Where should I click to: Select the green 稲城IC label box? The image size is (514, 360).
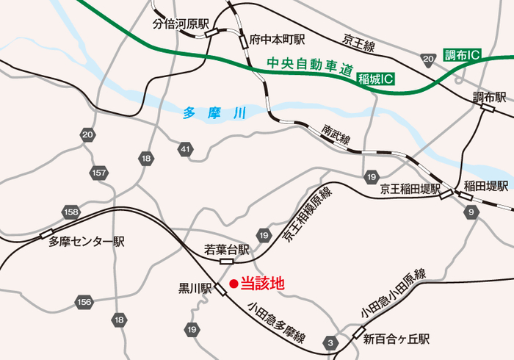(x=375, y=79)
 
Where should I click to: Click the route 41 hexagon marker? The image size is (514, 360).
(x=184, y=149)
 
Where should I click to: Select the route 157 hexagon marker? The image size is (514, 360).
(x=99, y=173)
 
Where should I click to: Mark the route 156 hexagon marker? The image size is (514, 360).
(x=84, y=302)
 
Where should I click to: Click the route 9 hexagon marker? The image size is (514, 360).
(x=471, y=212)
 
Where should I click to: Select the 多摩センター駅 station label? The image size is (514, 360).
(x=87, y=241)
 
